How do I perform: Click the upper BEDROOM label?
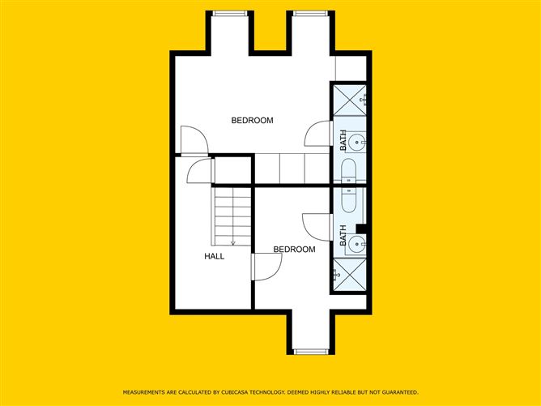pyautogui.click(x=252, y=121)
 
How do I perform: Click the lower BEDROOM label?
pyautogui.click(x=293, y=250)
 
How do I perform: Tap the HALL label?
pyautogui.click(x=214, y=256)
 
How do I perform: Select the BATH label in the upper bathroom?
pyautogui.click(x=343, y=141)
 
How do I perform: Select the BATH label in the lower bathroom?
pyautogui.click(x=343, y=236)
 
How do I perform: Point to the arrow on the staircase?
pyautogui.click(x=233, y=241)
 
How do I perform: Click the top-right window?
pyautogui.click(x=309, y=12)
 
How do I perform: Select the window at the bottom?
pyautogui.click(x=309, y=352)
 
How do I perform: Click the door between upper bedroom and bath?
pyautogui.click(x=318, y=134)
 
